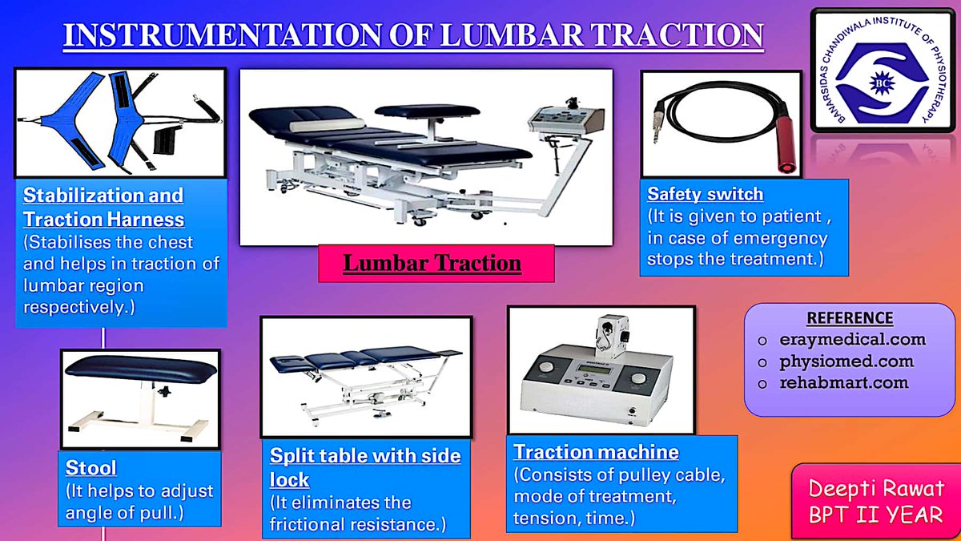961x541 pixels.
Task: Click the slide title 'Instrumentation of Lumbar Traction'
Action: [x=412, y=36]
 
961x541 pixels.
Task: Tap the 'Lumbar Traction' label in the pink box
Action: [x=432, y=263]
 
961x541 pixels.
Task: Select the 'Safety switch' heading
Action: [x=705, y=194]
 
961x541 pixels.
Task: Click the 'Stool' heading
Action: [x=90, y=467]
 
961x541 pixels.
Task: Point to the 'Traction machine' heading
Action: [x=596, y=452]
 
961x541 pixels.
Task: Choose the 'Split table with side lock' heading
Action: [x=364, y=467]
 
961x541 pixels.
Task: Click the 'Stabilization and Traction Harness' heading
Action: [x=103, y=207]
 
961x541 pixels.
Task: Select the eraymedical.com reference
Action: [x=852, y=339]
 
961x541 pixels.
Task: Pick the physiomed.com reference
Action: [x=846, y=361]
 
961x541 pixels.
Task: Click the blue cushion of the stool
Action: [x=140, y=368]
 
